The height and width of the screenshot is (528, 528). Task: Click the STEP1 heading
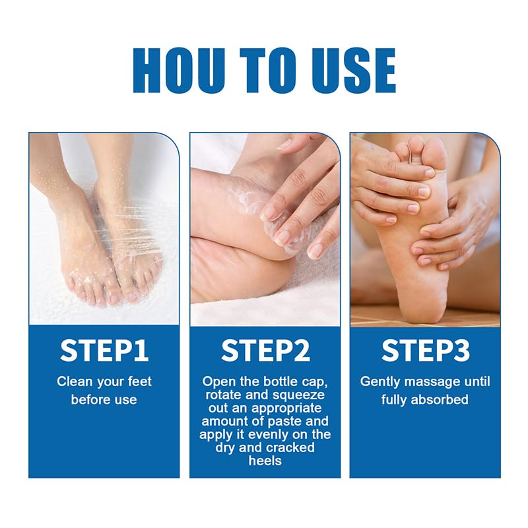coord(104,350)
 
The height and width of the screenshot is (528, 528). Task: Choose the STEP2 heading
coord(265,350)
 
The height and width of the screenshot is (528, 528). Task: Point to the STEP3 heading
coord(424,350)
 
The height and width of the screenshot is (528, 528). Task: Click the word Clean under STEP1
coord(73,381)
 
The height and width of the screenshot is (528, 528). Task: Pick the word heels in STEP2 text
coord(265,461)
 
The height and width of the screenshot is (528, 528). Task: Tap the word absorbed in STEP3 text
coord(443,400)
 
